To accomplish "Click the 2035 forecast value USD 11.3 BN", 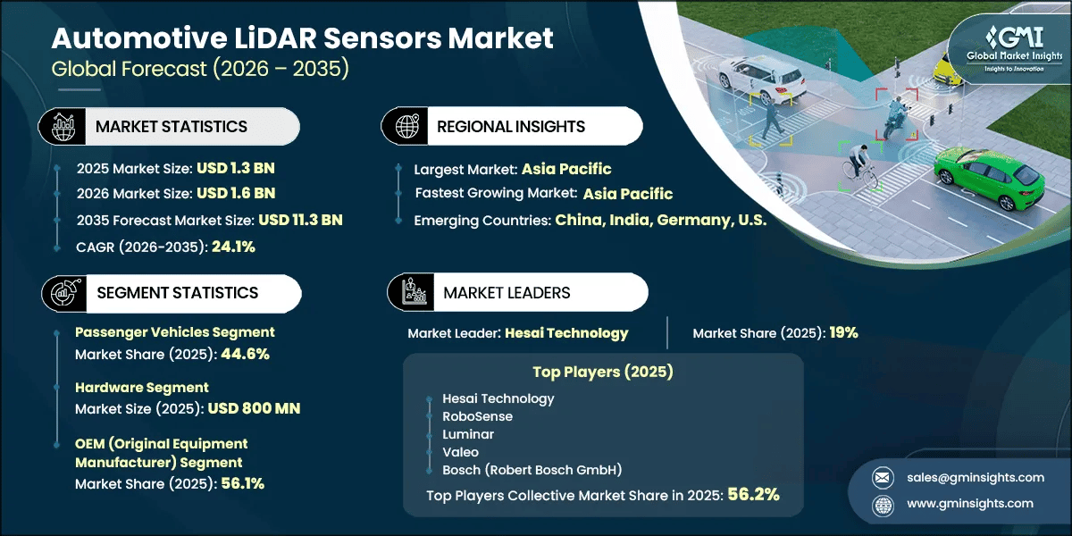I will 300,220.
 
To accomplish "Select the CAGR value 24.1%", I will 233,247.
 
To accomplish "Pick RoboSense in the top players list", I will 477,415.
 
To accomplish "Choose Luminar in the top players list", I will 468,433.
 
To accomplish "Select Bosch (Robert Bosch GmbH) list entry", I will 519,469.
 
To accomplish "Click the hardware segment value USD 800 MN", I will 254,408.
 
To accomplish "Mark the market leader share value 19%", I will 842,333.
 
